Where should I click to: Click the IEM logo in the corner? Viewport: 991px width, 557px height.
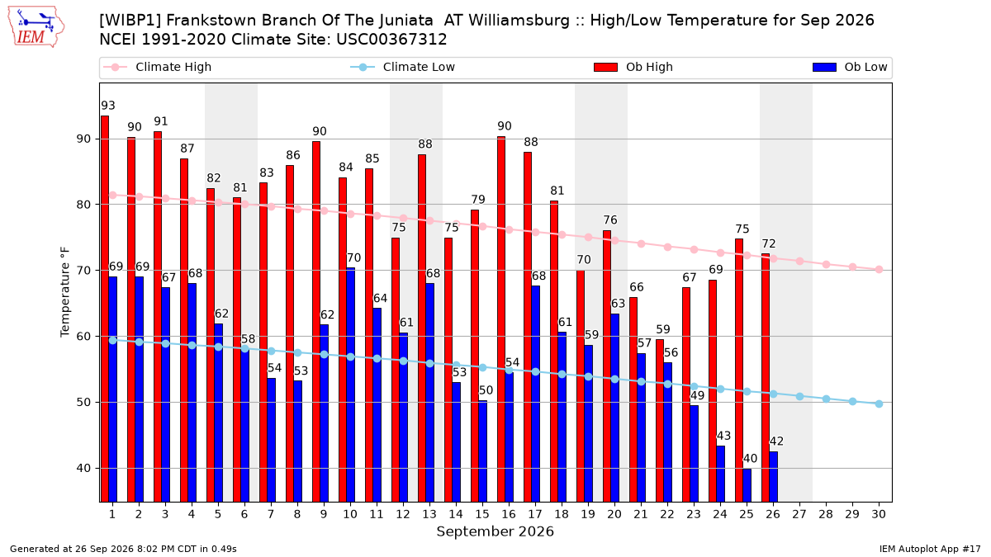36,27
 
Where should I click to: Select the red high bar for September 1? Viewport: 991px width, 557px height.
105,309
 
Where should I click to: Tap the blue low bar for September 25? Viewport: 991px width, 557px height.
747,485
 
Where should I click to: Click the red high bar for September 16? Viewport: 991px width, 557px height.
501,319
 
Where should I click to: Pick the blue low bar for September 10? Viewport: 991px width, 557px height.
350,385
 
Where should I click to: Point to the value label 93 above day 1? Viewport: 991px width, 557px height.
108,106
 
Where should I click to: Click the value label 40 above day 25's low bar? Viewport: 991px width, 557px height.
750,459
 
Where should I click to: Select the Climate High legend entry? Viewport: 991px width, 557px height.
158,67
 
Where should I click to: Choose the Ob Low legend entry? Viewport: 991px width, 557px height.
850,67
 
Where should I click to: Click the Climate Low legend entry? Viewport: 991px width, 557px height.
403,67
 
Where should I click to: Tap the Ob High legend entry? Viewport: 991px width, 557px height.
633,67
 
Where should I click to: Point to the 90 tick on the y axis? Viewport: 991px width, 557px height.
83,139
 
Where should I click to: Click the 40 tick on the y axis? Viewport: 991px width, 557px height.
83,468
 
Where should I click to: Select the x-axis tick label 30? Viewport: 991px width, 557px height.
879,514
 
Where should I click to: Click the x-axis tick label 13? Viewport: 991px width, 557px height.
429,514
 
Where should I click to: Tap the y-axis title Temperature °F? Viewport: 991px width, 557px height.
65,292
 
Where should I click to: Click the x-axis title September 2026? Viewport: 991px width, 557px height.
495,531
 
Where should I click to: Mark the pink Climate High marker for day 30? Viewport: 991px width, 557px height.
879,270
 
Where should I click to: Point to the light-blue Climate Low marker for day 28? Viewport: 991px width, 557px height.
826,399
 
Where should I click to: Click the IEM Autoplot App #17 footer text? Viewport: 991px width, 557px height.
930,549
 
